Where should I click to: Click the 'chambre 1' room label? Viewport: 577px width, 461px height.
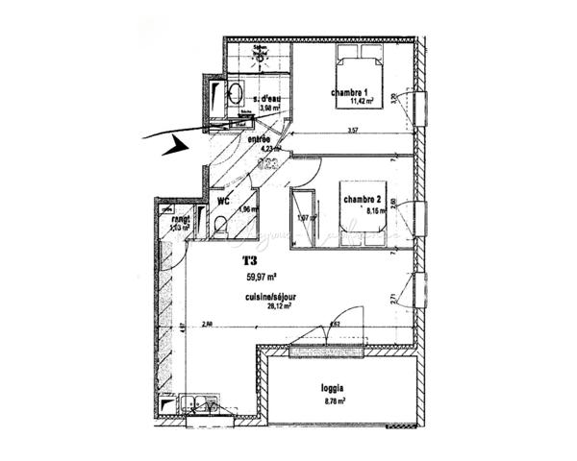(x=350, y=93)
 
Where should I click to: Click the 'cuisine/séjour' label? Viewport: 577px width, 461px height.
(x=269, y=298)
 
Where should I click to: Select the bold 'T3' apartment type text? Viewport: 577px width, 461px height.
(x=250, y=260)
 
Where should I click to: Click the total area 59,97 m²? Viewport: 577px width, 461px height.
(x=263, y=277)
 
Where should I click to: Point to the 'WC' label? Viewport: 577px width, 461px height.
(x=222, y=202)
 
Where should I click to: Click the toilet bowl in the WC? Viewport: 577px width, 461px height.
(x=221, y=228)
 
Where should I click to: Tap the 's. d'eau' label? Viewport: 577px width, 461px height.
(x=268, y=98)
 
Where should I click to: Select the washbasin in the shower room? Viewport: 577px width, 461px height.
(x=234, y=93)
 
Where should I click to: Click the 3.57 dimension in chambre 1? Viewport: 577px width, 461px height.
(x=352, y=132)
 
